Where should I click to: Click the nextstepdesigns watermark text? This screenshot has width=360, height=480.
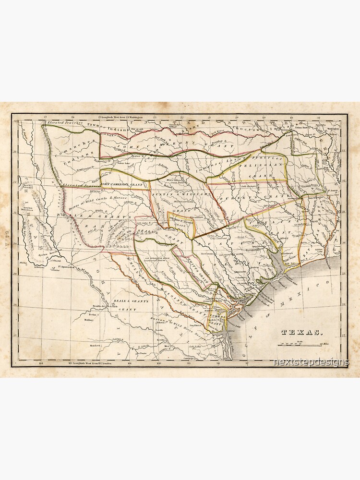(x=310, y=362)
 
